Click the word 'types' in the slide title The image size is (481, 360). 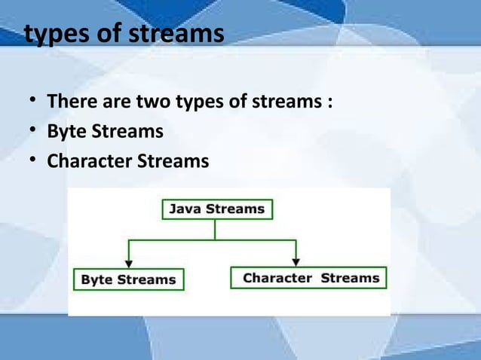tap(54, 35)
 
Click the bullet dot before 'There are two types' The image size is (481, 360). tap(33, 101)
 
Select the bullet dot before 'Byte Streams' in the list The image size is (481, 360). tap(33, 132)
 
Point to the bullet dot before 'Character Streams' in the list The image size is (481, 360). tap(33, 162)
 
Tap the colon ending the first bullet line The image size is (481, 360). tap(330, 102)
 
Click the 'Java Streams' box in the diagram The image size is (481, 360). tap(217, 209)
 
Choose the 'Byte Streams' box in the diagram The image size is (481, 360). tap(127, 279)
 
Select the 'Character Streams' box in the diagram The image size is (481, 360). tap(308, 278)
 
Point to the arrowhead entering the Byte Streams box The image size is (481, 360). tap(129, 263)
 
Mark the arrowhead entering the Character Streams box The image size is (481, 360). tap(297, 261)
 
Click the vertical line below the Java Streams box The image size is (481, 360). tap(216, 230)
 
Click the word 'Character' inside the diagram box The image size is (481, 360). tap(277, 278)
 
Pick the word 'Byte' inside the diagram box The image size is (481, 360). tap(97, 279)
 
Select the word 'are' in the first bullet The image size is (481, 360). tap(117, 102)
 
